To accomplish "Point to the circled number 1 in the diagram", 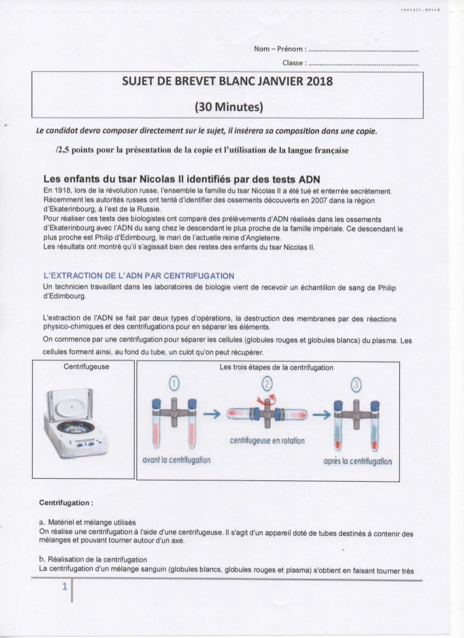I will pyautogui.click(x=174, y=384).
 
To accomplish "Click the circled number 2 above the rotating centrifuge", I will pyautogui.click(x=268, y=384).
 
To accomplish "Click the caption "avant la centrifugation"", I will pyautogui.click(x=176, y=461).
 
